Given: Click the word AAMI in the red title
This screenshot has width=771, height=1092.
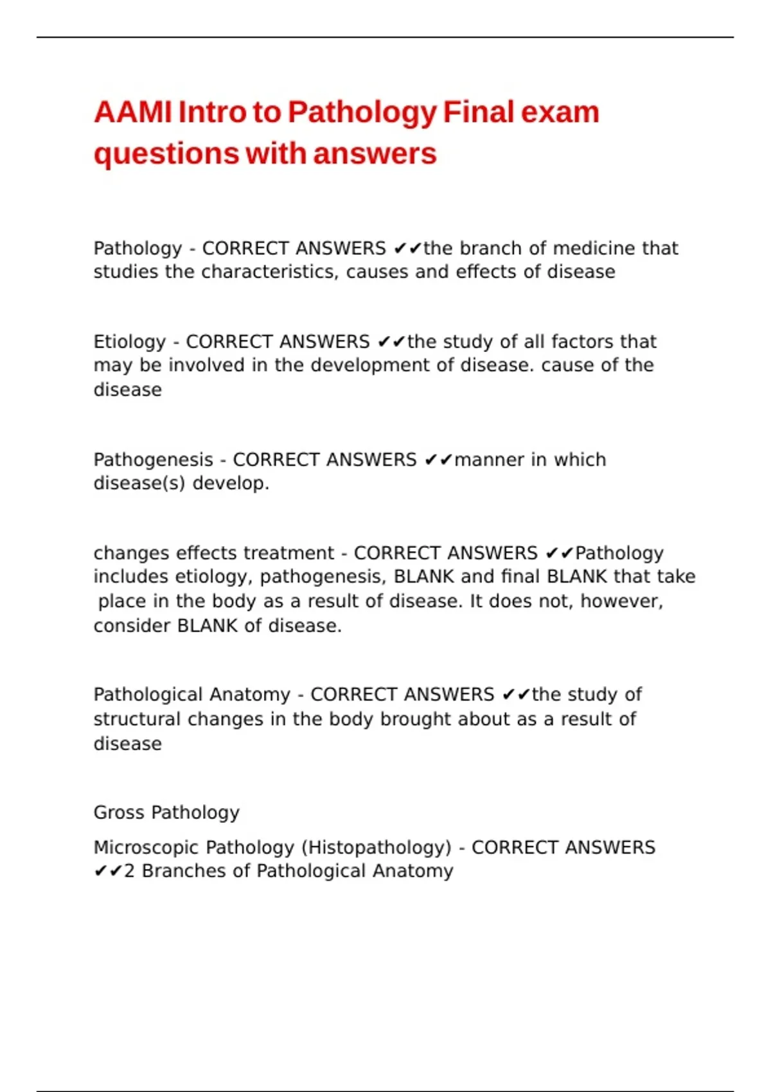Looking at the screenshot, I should [133, 112].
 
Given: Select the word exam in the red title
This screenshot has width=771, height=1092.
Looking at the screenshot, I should [560, 112].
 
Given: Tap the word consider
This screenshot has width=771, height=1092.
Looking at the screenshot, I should [132, 626].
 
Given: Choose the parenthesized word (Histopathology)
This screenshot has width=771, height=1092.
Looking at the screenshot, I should [377, 848].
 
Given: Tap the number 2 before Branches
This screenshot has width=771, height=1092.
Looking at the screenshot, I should [129, 872].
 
